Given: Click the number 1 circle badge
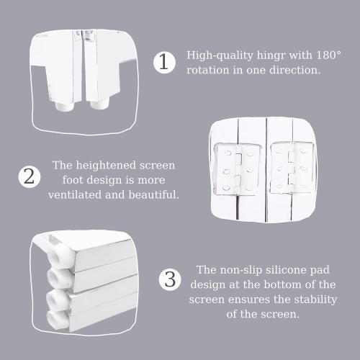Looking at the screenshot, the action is pyautogui.click(x=164, y=63).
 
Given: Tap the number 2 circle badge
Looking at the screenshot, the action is pyautogui.click(x=30, y=177).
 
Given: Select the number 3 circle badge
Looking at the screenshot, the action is pyautogui.click(x=170, y=280).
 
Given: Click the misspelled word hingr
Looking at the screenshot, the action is pyautogui.click(x=271, y=56).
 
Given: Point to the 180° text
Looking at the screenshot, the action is pyautogui.click(x=328, y=55).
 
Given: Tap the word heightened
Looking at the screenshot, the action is pyautogui.click(x=106, y=166).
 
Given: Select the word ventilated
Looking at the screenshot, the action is pyautogui.click(x=75, y=194).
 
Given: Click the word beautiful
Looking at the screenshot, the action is pyautogui.click(x=153, y=194).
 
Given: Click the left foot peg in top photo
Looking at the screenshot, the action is pyautogui.click(x=63, y=105).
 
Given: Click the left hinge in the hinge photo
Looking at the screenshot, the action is pyautogui.click(x=237, y=168).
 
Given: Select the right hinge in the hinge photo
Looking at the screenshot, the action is pyautogui.click(x=292, y=168).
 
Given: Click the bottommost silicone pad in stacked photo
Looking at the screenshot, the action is pyautogui.click(x=57, y=320).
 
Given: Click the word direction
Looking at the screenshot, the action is pyautogui.click(x=295, y=70).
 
